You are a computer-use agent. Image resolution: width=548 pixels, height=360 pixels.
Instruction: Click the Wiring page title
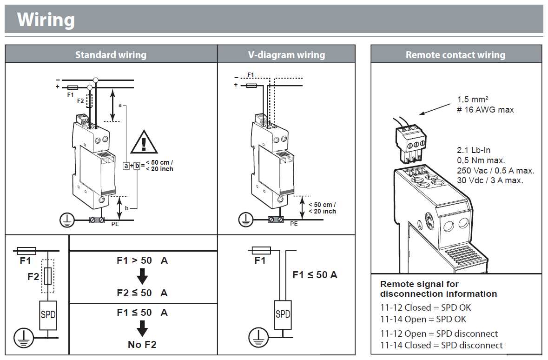click(x=46, y=20)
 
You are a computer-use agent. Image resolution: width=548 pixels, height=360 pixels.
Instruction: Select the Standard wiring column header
click(x=111, y=54)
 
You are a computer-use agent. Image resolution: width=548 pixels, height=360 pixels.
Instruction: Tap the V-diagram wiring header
click(x=286, y=54)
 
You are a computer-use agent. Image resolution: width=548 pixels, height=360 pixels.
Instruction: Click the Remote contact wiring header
click(x=456, y=54)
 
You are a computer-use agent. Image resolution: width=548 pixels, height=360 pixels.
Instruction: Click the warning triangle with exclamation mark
click(x=144, y=142)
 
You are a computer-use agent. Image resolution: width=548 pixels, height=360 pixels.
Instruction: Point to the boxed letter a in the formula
click(x=126, y=165)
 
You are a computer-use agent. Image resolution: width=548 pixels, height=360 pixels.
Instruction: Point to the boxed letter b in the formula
click(x=137, y=165)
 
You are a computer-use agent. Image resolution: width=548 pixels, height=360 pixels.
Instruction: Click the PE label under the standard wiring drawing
click(x=115, y=224)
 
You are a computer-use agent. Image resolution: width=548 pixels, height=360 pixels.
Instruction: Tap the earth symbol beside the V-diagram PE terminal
click(x=245, y=219)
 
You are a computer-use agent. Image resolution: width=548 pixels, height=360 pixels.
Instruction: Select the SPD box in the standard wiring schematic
click(x=48, y=315)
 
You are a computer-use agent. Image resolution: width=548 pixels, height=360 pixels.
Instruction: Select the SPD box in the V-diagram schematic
click(x=283, y=314)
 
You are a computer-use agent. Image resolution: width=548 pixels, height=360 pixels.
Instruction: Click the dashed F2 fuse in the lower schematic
click(x=48, y=276)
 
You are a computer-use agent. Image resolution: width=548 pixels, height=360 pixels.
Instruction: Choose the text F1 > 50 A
click(x=142, y=260)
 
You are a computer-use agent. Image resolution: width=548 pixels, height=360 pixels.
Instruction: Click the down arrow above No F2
click(x=142, y=329)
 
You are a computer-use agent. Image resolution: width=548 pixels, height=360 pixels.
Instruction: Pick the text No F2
click(x=142, y=345)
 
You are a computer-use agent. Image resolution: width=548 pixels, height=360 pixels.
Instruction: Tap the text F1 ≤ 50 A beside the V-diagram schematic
click(x=315, y=275)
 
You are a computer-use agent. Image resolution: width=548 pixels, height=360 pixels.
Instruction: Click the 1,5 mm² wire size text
click(x=473, y=100)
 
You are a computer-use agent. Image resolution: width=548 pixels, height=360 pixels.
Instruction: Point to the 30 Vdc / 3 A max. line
click(x=489, y=180)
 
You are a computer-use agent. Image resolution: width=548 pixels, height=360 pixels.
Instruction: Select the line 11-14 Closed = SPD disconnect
click(x=441, y=345)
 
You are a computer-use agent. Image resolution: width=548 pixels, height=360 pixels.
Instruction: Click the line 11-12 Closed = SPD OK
click(x=425, y=307)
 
